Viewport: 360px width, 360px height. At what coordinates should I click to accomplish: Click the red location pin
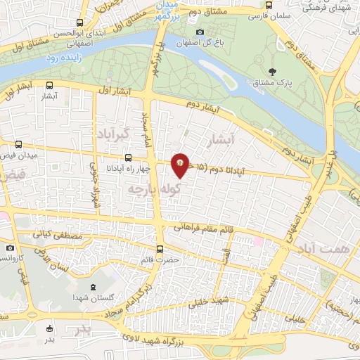click(x=180, y=165)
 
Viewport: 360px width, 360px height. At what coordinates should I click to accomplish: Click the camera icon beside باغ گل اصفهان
click(x=200, y=32)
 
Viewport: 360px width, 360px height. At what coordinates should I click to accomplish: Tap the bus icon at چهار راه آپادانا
click(x=127, y=158)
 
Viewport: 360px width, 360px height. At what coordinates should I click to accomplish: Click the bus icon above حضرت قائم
click(x=160, y=248)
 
